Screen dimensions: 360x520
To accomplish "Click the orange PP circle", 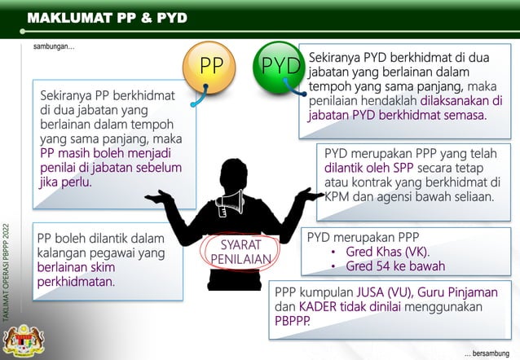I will (x=211, y=66).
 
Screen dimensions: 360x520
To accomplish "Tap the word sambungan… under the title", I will (x=54, y=47).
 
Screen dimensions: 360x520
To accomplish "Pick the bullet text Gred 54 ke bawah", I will (x=395, y=266).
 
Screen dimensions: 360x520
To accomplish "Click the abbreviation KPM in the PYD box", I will (x=336, y=197).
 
